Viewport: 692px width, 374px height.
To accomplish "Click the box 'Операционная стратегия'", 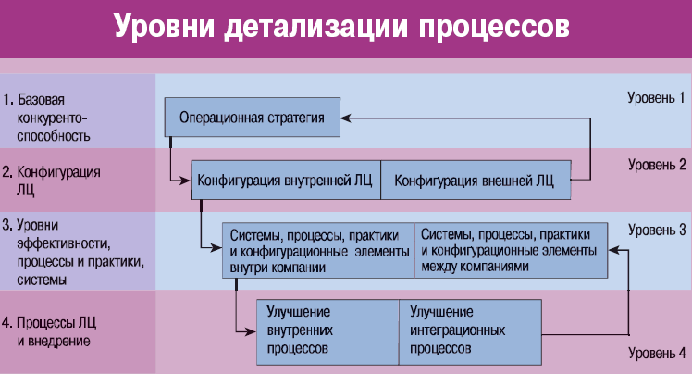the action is click(252, 117).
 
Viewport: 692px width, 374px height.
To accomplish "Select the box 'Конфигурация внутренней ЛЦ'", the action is click(286, 181).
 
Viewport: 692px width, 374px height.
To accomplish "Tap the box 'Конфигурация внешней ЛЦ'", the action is click(476, 181).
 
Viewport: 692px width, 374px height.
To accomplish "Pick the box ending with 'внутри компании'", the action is click(318, 250).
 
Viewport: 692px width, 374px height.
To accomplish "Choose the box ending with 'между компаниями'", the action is click(511, 250).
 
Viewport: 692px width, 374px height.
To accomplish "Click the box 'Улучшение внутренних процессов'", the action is click(327, 332).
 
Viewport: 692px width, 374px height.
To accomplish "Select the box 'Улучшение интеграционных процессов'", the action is click(471, 332).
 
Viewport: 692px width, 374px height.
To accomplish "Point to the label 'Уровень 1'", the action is click(656, 97).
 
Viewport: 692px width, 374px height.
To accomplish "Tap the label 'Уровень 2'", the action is click(657, 165).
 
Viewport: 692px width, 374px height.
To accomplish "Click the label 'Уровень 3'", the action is click(657, 231).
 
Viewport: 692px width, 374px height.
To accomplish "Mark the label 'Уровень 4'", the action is click(657, 353).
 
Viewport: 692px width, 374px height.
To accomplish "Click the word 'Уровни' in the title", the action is click(164, 27).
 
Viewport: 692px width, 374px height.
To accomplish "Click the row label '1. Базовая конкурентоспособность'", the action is click(46, 118).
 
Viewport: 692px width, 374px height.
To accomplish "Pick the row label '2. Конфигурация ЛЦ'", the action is click(51, 181).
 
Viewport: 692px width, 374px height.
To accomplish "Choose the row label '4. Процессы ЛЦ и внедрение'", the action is click(49, 331).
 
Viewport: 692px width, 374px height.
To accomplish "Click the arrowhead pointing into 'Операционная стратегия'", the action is click(346, 118).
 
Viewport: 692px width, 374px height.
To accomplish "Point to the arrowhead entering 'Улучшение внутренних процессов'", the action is click(250, 331).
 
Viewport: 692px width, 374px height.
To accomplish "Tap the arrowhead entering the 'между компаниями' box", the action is click(614, 250).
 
